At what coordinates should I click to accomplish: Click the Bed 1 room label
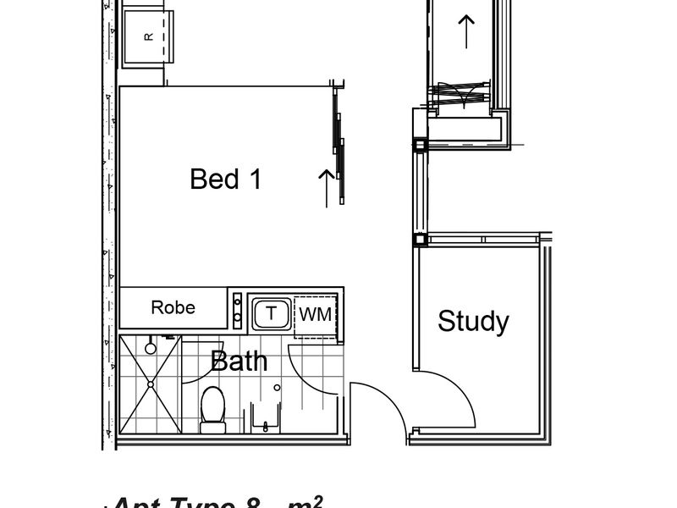tap(225, 179)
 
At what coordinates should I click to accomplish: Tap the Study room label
tap(473, 322)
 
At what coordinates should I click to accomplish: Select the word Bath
tap(239, 362)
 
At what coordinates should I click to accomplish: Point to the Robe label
tap(173, 307)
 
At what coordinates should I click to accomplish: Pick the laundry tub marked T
tap(271, 313)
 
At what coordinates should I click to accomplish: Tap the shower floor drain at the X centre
tap(151, 384)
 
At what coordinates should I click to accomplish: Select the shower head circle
tap(151, 347)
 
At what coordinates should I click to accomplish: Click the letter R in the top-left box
tap(149, 36)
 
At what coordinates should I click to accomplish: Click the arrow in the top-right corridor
tap(465, 30)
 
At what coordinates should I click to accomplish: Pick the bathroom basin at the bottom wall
tap(265, 417)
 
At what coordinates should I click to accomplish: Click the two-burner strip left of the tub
tap(237, 312)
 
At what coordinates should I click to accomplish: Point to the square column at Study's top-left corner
tap(420, 240)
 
